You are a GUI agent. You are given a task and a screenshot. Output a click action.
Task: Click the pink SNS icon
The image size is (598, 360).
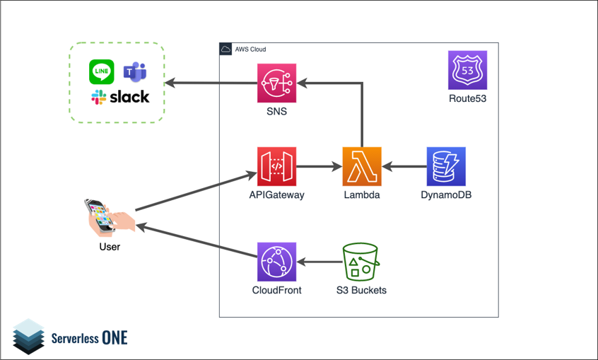276,83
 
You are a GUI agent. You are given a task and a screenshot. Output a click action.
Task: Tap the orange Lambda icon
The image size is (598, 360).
362,167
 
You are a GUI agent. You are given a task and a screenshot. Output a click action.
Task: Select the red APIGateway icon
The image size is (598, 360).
276,167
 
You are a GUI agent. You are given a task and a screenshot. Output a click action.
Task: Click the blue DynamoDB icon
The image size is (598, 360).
446,167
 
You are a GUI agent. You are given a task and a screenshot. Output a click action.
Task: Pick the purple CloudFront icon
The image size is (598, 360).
276,262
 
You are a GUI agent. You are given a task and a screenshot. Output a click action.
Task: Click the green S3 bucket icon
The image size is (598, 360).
360,262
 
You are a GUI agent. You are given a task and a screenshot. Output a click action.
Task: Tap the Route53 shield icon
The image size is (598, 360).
467,70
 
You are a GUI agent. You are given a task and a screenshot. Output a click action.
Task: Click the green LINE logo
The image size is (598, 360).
102,71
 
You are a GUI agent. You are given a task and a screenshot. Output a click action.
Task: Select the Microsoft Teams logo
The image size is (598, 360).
134,71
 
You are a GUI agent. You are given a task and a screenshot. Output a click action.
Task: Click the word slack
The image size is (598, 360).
129,97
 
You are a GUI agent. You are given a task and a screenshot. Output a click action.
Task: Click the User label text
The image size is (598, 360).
110,247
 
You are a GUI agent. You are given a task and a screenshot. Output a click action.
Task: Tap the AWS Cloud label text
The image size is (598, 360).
250,50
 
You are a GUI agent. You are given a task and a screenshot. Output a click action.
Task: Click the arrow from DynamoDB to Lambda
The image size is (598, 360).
404,168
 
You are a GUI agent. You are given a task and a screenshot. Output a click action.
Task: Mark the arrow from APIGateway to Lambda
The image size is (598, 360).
319,168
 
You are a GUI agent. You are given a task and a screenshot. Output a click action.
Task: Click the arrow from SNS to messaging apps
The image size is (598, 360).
211,83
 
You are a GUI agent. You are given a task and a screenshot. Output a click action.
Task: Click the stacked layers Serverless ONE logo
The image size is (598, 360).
28,336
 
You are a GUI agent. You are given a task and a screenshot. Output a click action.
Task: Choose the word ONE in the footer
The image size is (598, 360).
115,337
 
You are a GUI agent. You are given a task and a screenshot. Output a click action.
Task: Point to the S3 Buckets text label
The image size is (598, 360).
360,290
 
